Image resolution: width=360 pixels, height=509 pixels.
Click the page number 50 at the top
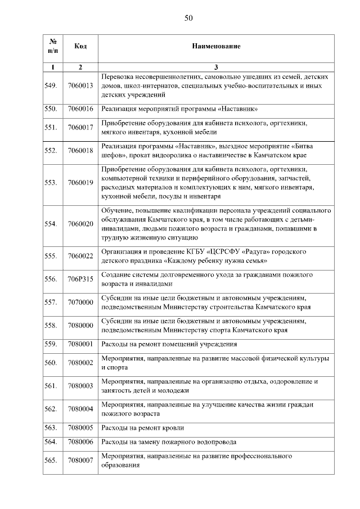(188, 18)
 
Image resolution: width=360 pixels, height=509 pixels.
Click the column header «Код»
(80, 45)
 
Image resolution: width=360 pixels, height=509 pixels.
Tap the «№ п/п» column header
(53, 45)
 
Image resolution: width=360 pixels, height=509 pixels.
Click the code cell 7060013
(80, 85)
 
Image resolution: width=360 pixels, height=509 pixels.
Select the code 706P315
(80, 279)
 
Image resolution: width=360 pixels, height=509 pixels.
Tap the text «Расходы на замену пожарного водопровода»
(169, 442)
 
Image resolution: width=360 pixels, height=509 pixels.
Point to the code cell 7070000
(80, 302)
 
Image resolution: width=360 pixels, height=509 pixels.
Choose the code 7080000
(80, 325)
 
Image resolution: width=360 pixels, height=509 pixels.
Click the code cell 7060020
(80, 224)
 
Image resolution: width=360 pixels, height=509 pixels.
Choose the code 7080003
(80, 386)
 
